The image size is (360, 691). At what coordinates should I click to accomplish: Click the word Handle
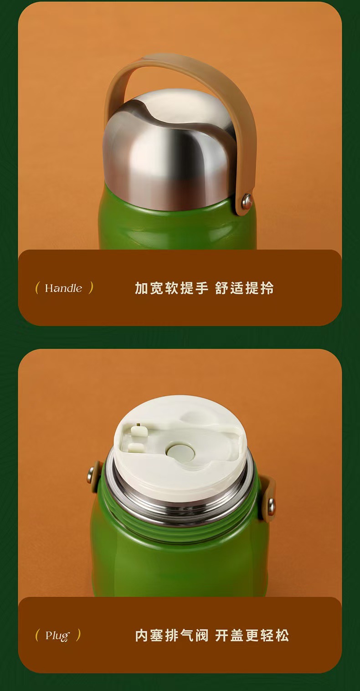click(x=63, y=288)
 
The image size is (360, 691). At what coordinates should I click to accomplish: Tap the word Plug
click(x=58, y=636)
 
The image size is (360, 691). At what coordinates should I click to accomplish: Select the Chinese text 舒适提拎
click(x=244, y=288)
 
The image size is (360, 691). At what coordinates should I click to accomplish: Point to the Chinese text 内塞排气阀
click(x=171, y=635)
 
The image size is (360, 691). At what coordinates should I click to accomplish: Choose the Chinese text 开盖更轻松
click(x=252, y=635)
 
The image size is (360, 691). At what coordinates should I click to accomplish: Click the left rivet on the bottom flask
click(x=90, y=475)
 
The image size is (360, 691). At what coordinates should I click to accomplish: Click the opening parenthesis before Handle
click(x=37, y=288)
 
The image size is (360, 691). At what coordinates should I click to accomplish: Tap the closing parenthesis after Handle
click(x=91, y=288)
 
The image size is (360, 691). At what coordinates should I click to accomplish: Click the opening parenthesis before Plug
click(x=37, y=635)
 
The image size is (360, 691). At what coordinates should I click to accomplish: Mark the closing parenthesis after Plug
click(x=78, y=635)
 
